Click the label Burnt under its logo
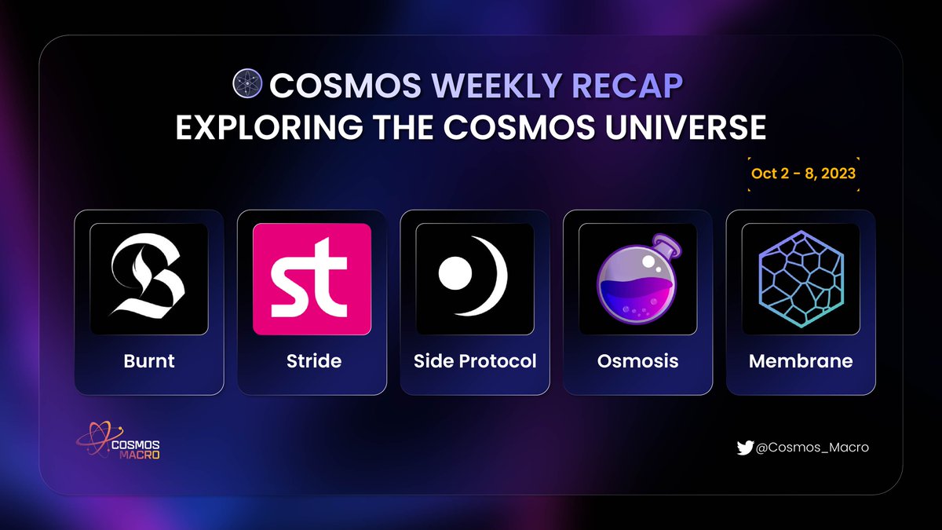click(x=149, y=361)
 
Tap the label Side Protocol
click(x=475, y=361)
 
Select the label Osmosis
click(x=637, y=361)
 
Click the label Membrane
click(x=801, y=361)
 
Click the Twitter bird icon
click(x=745, y=448)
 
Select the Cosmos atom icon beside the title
click(x=247, y=85)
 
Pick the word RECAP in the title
click(x=636, y=86)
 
